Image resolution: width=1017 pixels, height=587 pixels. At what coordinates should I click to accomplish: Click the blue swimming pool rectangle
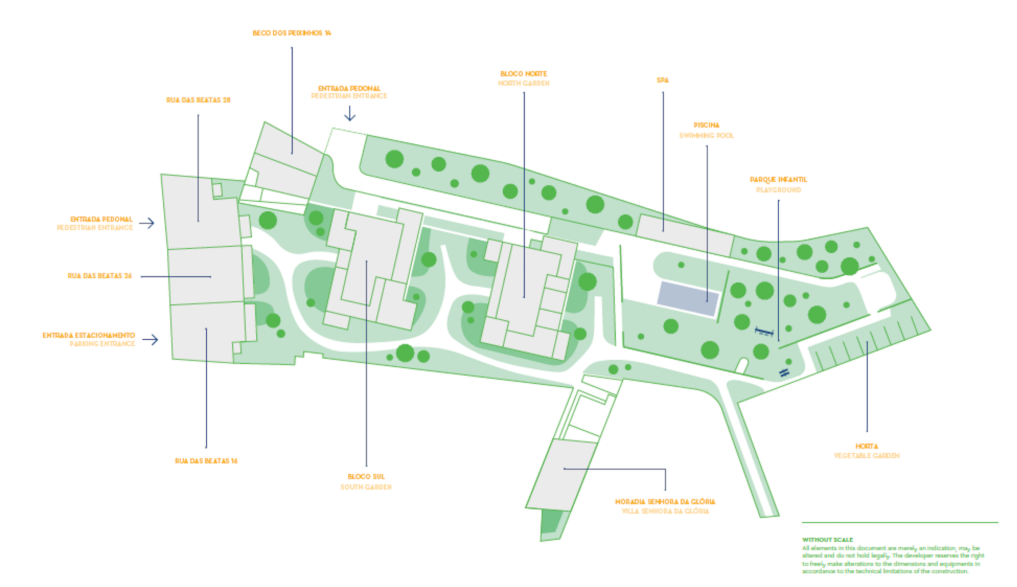point(687,298)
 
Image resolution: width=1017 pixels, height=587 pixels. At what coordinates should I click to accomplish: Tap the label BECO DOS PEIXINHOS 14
point(292,33)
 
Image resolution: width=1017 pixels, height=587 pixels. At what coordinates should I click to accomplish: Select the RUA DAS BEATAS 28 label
point(198,100)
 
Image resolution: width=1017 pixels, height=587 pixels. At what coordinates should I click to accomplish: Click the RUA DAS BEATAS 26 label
point(99,276)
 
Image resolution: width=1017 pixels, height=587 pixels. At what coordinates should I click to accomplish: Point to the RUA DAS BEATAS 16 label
point(206,461)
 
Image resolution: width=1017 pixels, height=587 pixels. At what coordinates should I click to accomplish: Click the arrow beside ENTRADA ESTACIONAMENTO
point(150,340)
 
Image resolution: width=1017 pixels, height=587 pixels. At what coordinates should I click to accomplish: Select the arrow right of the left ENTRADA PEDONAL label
point(147,223)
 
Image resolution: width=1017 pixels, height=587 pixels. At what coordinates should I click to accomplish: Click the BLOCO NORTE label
point(524,74)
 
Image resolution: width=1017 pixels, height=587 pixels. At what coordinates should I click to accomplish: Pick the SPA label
point(662,80)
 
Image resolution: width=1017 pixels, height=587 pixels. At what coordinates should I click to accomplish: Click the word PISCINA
point(706,125)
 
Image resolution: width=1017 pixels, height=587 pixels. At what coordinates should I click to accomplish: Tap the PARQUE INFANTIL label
point(778,179)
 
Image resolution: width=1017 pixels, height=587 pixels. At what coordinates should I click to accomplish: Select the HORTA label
point(867,446)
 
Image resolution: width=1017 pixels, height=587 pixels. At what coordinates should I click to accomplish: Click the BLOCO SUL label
point(366,476)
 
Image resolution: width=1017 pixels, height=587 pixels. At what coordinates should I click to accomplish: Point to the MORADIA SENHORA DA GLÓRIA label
point(665,501)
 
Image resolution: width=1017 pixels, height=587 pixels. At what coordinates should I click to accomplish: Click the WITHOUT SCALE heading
point(828,539)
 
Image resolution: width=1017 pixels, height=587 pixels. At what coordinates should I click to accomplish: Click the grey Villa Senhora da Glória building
point(560,475)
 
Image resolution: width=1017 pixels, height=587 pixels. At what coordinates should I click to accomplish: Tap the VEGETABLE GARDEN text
point(867,456)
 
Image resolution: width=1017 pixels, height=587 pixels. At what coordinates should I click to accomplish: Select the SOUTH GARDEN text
point(366,487)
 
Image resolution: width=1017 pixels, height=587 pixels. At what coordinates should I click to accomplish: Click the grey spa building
point(686,235)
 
